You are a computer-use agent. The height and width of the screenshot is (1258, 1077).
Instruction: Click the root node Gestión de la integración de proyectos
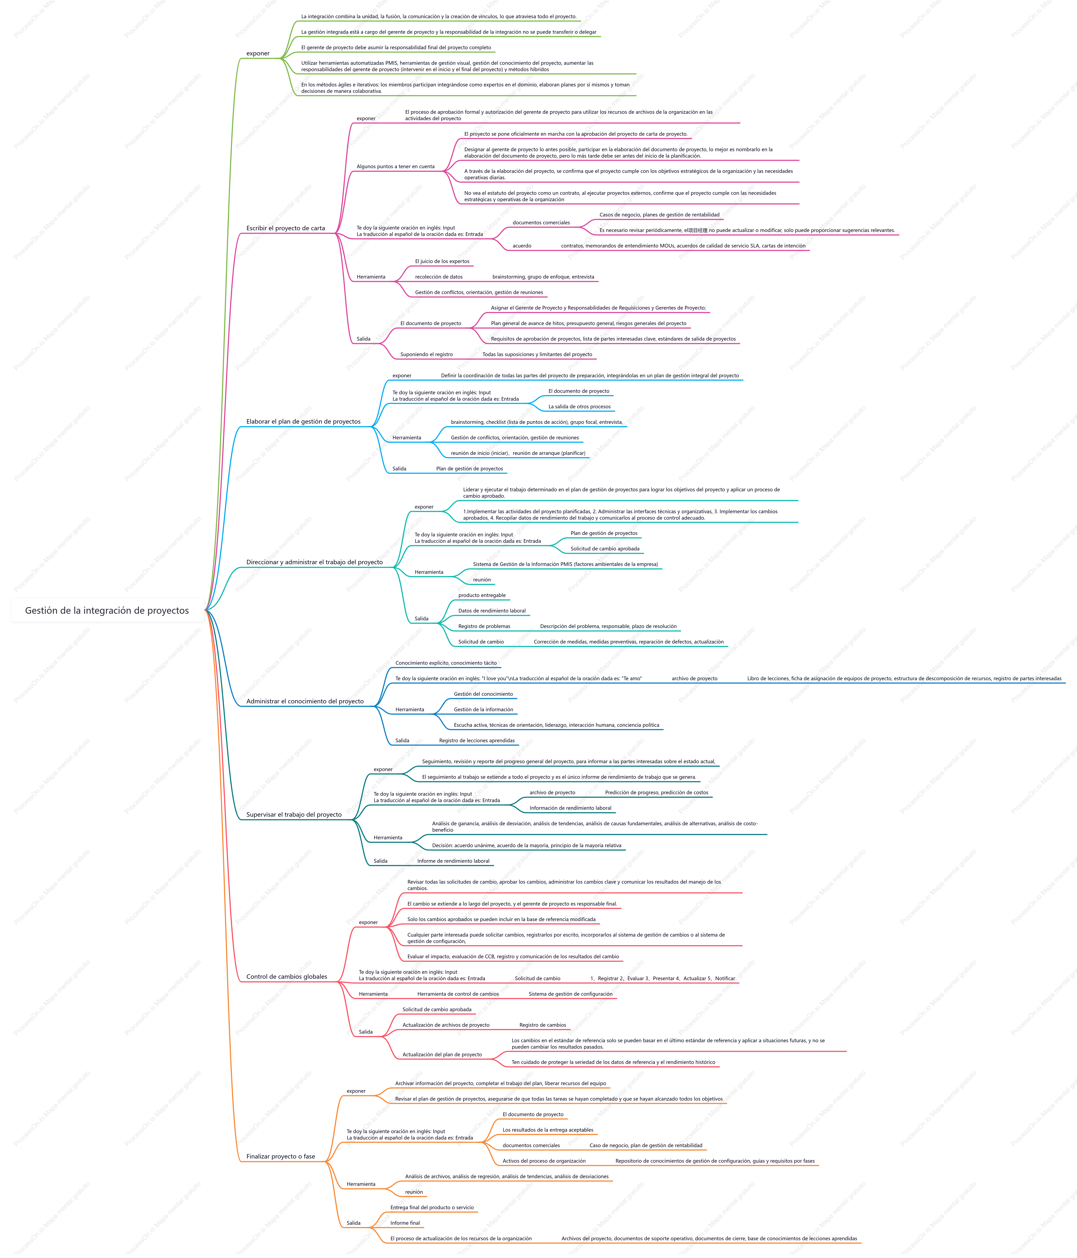coord(107,610)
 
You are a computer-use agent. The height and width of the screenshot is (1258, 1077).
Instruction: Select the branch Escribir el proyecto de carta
coord(285,228)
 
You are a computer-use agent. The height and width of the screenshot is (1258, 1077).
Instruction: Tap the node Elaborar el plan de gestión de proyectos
coord(303,421)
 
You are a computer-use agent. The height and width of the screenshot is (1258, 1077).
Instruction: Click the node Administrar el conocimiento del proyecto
coord(305,701)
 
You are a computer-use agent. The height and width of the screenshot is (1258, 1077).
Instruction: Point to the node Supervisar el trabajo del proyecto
coord(294,815)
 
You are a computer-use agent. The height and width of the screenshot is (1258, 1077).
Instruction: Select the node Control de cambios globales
coord(287,977)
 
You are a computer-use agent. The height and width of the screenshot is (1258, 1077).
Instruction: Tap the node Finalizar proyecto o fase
coord(280,1157)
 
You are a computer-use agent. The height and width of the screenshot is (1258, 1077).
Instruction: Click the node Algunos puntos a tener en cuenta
coord(395,166)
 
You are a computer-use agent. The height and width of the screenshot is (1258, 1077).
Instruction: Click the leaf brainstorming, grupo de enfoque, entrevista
coord(543,277)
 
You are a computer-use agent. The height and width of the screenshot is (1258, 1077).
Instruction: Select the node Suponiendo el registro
coord(426,355)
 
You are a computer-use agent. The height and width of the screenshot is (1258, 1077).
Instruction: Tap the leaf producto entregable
coord(482,596)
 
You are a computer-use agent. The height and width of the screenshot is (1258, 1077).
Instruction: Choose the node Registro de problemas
coord(484,627)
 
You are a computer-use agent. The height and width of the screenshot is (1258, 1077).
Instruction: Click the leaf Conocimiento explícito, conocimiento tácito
coord(446,663)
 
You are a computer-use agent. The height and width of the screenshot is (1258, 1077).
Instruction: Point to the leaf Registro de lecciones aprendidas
coord(477,741)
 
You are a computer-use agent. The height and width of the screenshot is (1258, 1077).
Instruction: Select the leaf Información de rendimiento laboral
coord(570,808)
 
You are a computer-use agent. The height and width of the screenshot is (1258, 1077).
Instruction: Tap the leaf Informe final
coord(405,1223)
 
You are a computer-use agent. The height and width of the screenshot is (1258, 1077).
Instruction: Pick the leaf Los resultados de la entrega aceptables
coord(548,1130)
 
